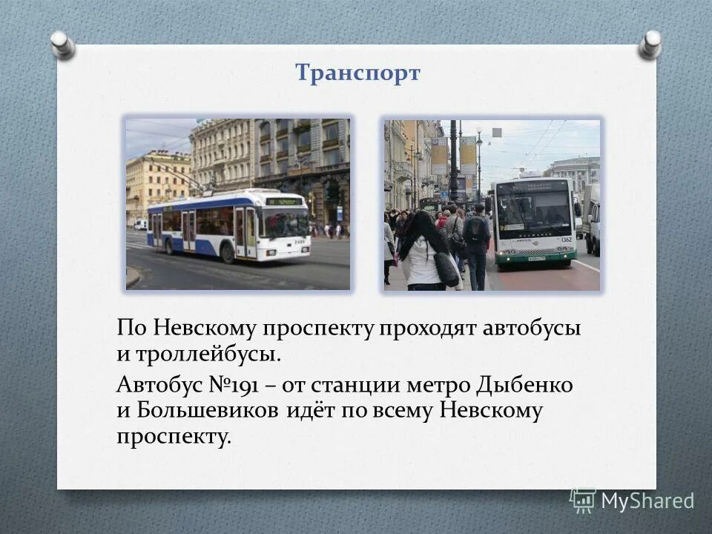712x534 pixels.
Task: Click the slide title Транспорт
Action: (357, 73)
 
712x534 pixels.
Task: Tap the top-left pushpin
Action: (63, 44)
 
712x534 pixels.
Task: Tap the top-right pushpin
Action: (650, 44)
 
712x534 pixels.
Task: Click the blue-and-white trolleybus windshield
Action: (285, 221)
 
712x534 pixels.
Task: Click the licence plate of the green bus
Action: (536, 259)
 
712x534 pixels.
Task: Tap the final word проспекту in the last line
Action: (174, 436)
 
